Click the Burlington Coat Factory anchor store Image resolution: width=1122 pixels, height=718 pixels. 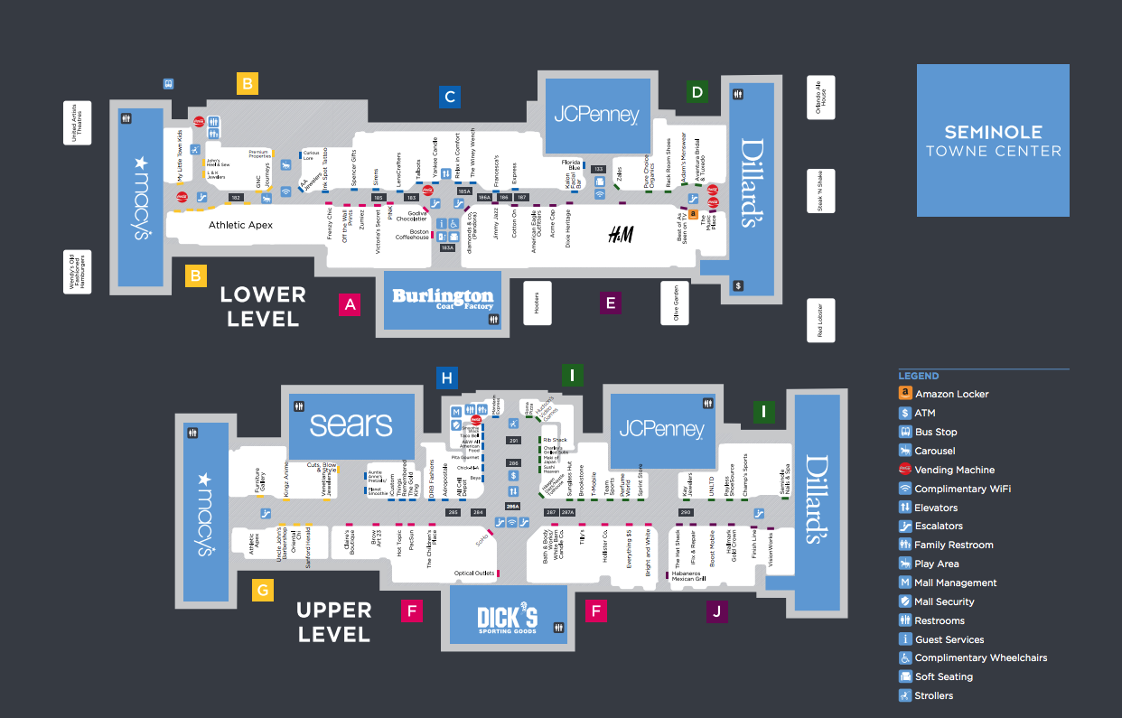click(442, 300)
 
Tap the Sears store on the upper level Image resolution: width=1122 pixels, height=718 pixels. click(351, 424)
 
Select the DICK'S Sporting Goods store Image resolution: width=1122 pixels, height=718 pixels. click(508, 618)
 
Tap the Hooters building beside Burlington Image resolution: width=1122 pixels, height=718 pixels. click(537, 303)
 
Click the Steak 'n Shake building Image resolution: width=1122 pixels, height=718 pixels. click(821, 191)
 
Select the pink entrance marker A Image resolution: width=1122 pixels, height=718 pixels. click(351, 304)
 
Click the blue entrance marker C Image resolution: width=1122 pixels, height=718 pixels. click(450, 97)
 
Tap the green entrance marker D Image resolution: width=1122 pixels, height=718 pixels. click(696, 91)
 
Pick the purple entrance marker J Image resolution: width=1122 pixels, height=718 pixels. click(716, 611)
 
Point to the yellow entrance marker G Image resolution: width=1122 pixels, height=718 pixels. click(262, 591)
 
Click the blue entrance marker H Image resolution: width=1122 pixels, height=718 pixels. click(445, 378)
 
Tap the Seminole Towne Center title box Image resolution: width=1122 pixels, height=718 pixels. click(993, 140)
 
